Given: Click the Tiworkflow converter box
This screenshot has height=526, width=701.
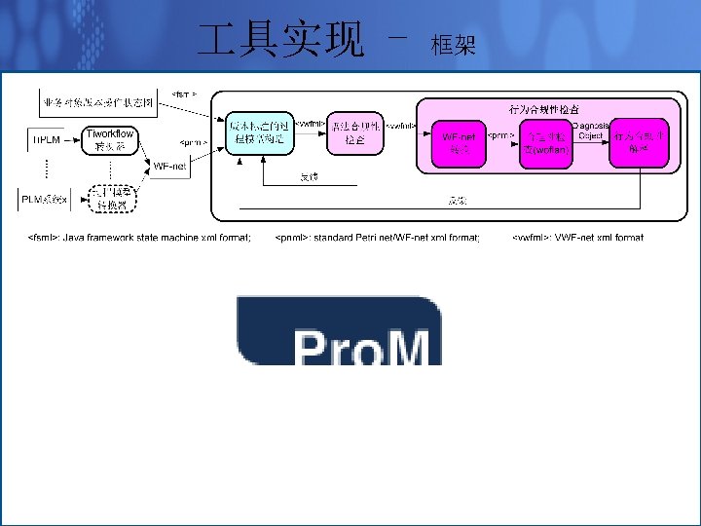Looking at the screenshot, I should pos(110,140).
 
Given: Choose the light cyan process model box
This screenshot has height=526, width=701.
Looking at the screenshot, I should pos(257,131).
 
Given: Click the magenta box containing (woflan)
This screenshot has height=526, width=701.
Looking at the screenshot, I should pos(544,143).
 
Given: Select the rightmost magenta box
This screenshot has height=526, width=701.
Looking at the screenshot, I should pos(640,142).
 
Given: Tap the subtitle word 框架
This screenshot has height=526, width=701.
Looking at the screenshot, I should pos(453,44).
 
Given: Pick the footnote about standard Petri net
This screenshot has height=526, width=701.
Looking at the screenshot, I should pos(377,237).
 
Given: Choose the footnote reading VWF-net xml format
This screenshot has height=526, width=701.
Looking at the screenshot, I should pos(577,237).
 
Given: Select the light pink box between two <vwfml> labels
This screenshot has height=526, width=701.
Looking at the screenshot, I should pos(355,131).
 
